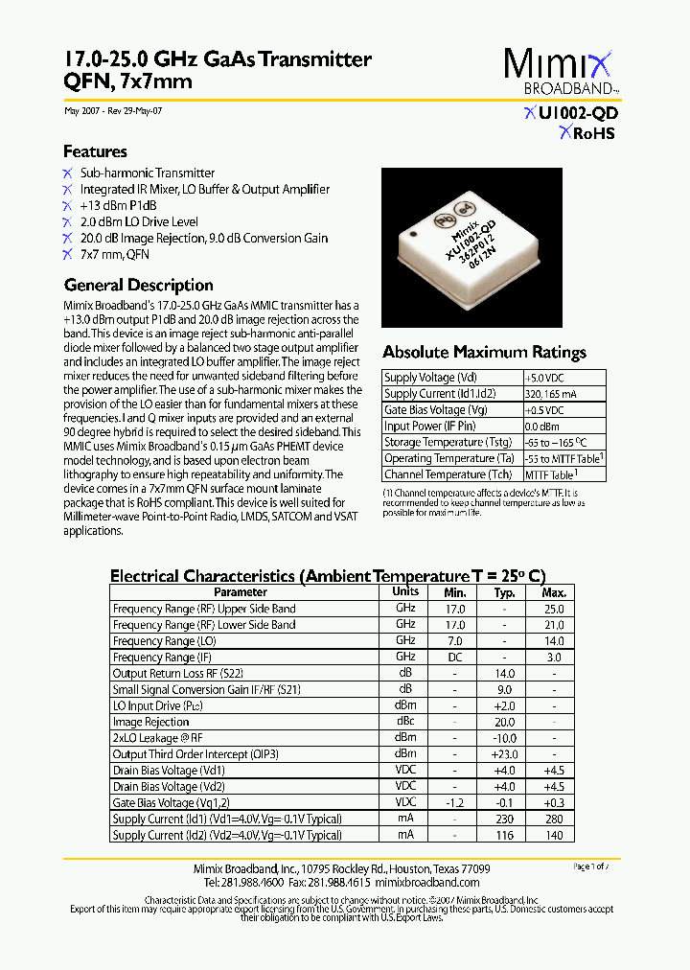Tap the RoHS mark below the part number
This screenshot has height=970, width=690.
click(x=586, y=133)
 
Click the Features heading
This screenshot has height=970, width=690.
click(x=95, y=151)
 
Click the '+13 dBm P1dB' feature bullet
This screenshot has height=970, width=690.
click(x=118, y=206)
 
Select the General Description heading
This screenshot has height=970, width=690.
click(x=138, y=285)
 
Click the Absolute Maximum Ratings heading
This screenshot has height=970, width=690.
click(x=484, y=352)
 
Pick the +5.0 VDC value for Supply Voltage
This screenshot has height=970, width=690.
click(x=551, y=378)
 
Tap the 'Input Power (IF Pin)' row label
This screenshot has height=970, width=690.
click(x=429, y=427)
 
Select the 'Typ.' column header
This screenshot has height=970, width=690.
click(x=505, y=592)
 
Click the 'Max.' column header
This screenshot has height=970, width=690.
click(x=554, y=592)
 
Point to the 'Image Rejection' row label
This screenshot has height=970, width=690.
click(x=150, y=722)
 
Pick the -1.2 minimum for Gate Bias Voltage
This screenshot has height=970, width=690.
click(x=455, y=802)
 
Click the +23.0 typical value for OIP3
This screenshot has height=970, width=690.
click(x=505, y=754)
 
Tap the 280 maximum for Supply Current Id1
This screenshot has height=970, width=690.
click(x=554, y=819)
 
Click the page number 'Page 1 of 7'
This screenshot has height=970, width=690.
click(x=590, y=866)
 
